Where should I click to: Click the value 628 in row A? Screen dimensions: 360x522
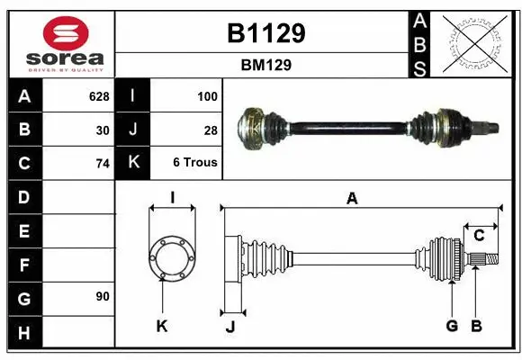pyautogui.click(x=98, y=95)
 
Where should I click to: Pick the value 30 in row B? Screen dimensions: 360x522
pyautogui.click(x=103, y=130)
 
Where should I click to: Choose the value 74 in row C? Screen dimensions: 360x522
pyautogui.click(x=103, y=164)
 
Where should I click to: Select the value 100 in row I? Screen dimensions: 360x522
pyautogui.click(x=208, y=95)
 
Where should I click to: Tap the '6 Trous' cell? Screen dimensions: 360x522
pyautogui.click(x=195, y=163)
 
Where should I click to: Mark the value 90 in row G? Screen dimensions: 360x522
pyautogui.click(x=103, y=296)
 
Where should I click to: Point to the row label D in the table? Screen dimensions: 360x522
pyautogui.click(x=24, y=196)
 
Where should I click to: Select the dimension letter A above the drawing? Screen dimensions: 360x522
pyautogui.click(x=352, y=199)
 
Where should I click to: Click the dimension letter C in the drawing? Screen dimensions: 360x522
pyautogui.click(x=479, y=236)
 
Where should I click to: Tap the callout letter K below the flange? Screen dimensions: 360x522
pyautogui.click(x=162, y=326)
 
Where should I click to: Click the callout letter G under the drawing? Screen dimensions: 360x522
pyautogui.click(x=453, y=326)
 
